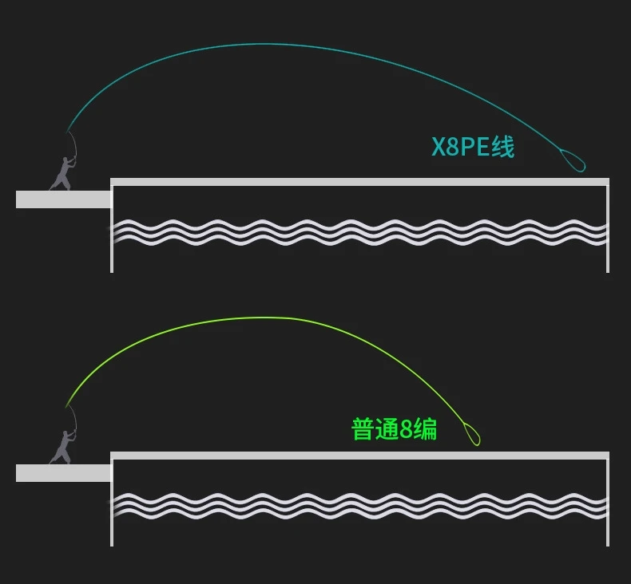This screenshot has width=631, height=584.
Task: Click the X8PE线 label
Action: point(473,148)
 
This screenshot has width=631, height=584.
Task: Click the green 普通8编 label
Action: point(394,429)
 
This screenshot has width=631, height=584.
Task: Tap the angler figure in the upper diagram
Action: point(62,174)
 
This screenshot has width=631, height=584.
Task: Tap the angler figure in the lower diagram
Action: point(62,448)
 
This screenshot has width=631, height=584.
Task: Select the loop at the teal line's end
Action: point(573,160)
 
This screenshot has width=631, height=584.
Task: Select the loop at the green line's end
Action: point(471,433)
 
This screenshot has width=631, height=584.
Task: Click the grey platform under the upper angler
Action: point(62,199)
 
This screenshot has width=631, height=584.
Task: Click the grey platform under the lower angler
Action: point(62,473)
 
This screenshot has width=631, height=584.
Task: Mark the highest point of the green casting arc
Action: point(256,318)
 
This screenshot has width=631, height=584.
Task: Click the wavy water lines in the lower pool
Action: point(359,505)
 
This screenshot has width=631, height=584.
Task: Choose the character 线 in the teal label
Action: point(503,148)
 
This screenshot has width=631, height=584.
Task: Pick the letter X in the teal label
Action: point(439,148)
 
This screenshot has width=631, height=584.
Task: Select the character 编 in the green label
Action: point(426,429)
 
